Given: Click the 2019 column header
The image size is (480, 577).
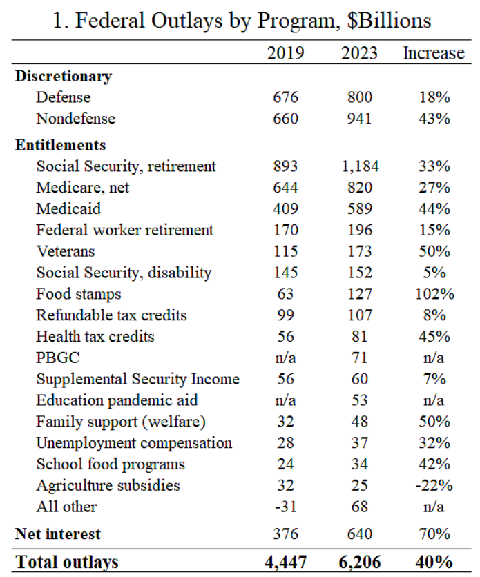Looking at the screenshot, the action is [285, 53].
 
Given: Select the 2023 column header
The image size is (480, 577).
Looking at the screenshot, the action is [359, 53].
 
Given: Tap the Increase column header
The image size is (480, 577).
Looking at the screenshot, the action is [434, 53].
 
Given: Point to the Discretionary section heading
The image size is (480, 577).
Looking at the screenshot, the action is [64, 77].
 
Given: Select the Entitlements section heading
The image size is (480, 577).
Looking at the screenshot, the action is [60, 145].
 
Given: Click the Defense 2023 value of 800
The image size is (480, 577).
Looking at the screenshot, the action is [360, 97].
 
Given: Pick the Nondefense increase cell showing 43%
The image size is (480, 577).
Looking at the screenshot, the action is [434, 119].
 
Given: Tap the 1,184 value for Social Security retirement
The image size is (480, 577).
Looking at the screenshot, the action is [360, 166].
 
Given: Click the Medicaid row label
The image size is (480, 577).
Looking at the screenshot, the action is [68, 208].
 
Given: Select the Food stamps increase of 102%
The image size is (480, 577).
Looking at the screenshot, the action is [434, 294].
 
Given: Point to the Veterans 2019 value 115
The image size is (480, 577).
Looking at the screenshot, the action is [285, 251].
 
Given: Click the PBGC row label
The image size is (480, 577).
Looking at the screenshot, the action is [58, 358].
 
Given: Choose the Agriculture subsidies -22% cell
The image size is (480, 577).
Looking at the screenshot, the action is [434, 485].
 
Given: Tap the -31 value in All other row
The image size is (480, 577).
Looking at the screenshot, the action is [285, 507].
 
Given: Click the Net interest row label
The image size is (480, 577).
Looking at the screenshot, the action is [58, 534].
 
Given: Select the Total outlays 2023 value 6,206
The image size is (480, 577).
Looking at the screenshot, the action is [360, 562].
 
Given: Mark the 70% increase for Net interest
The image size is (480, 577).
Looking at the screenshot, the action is [434, 534].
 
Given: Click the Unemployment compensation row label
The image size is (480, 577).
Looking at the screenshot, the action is [135, 443].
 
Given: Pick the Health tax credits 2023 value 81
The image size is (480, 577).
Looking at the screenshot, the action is [360, 336].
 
